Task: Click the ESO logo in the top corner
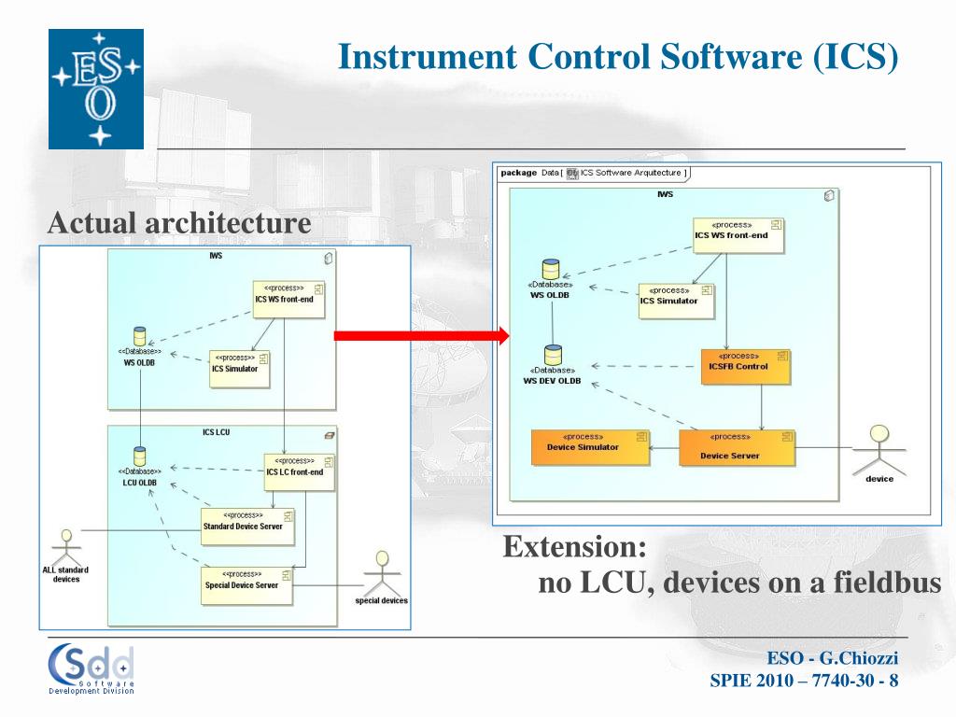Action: point(96,89)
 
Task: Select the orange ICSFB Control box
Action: point(745,367)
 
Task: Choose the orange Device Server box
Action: point(737,448)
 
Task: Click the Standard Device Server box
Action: point(247,527)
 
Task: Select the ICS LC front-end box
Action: point(299,472)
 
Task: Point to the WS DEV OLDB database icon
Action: point(554,355)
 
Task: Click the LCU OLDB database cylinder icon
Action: point(140,457)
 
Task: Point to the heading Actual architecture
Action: point(179,223)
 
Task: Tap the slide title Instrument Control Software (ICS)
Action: point(617,57)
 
